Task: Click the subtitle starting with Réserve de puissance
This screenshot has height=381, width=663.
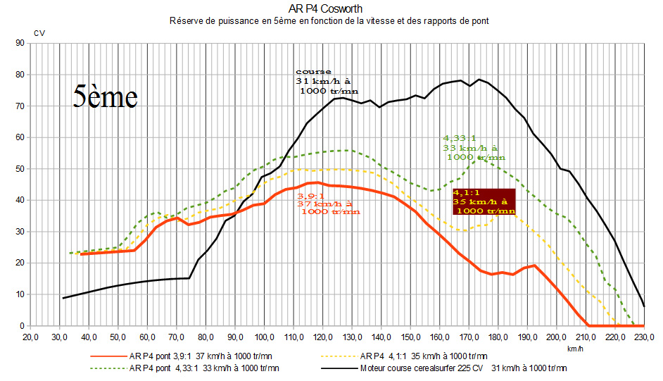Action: tap(329, 21)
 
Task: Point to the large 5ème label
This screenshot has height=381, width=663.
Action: tap(105, 97)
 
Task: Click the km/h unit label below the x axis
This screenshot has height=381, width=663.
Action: tap(576, 348)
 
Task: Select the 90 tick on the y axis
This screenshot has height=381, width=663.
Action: tap(20, 44)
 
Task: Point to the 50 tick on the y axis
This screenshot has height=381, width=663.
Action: tap(20, 169)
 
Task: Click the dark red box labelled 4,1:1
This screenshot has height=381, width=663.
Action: tap(484, 201)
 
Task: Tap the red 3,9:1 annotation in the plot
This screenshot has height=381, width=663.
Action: tap(327, 204)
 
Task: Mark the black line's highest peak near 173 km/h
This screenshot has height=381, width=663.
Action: tap(479, 79)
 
